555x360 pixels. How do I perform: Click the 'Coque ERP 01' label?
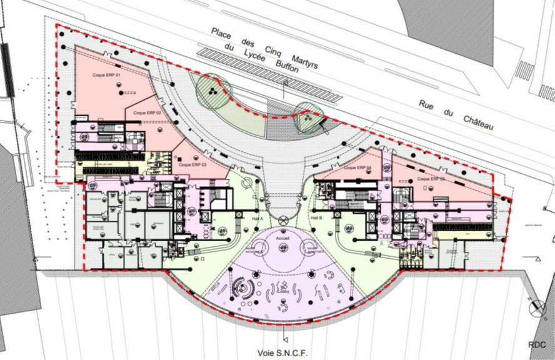pos(106,76)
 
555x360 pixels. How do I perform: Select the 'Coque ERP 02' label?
pos(147,112)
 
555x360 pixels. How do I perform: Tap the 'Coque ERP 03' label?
pos(192,165)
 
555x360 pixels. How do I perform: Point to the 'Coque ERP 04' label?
pos(357,168)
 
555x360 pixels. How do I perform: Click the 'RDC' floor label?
pos(537,344)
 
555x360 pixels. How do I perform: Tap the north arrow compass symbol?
pos(537,307)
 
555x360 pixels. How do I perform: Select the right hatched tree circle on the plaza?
pos(309,117)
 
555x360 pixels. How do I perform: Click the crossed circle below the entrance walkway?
pos(283,219)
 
